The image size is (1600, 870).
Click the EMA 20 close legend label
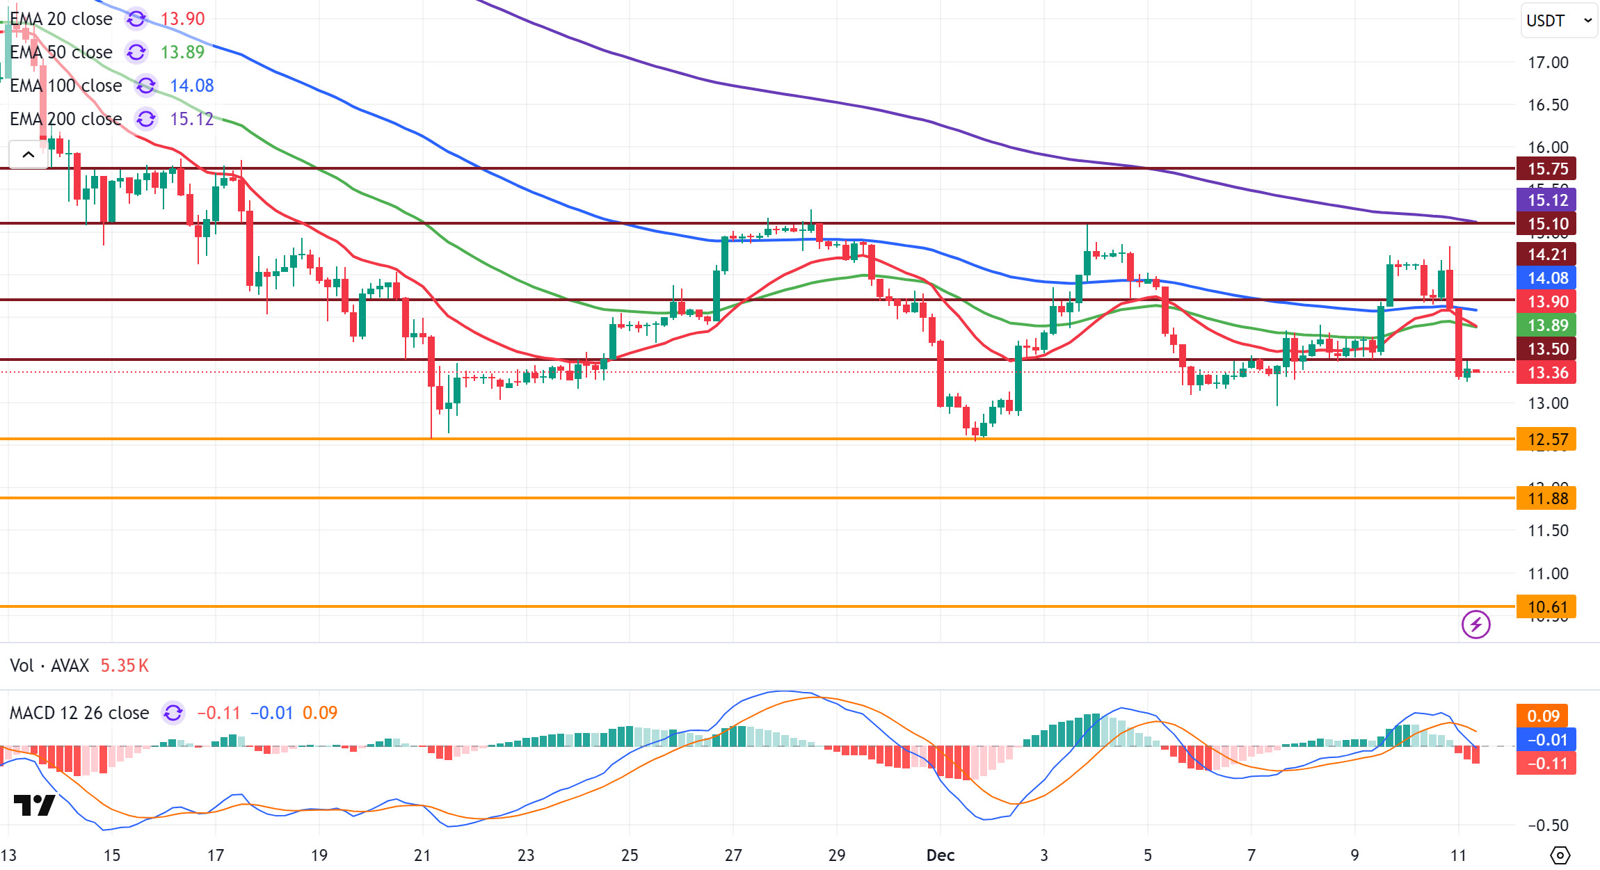[61, 19]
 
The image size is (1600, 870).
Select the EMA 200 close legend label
[65, 119]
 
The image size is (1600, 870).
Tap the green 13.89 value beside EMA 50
[182, 52]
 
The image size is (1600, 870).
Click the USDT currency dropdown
[1558, 20]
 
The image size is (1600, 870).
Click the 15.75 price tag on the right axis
[1547, 168]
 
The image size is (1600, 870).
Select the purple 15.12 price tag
[1547, 200]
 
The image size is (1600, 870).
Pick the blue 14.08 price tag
[1547, 278]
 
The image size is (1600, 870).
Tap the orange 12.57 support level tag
[1547, 440]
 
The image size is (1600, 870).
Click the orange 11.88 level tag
[1547, 499]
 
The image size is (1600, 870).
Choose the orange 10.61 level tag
[1547, 607]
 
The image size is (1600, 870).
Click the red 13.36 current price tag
[1547, 373]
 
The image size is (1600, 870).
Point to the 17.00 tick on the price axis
[1548, 63]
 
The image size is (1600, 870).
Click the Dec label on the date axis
[940, 855]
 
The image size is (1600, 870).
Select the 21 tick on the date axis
[422, 855]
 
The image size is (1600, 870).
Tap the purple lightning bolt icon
[1475, 625]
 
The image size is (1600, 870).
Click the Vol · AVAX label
[49, 666]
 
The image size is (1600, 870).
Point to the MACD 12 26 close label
[79, 713]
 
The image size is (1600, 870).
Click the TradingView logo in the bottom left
[34, 805]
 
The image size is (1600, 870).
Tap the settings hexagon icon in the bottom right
[1560, 855]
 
